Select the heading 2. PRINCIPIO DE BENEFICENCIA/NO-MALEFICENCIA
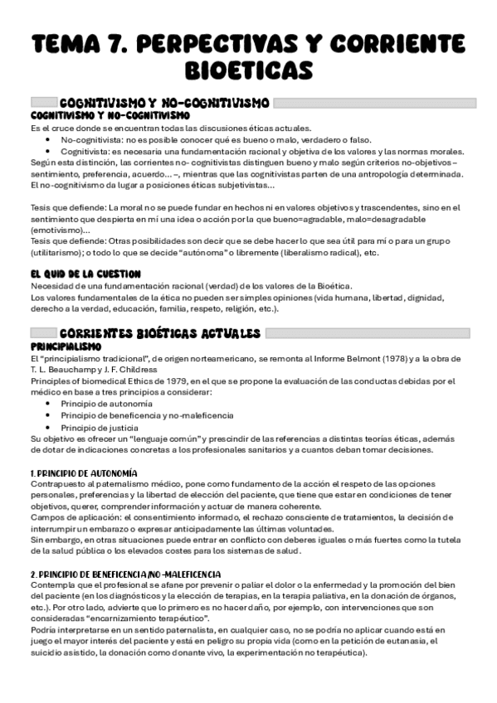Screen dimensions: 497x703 [124, 574]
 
